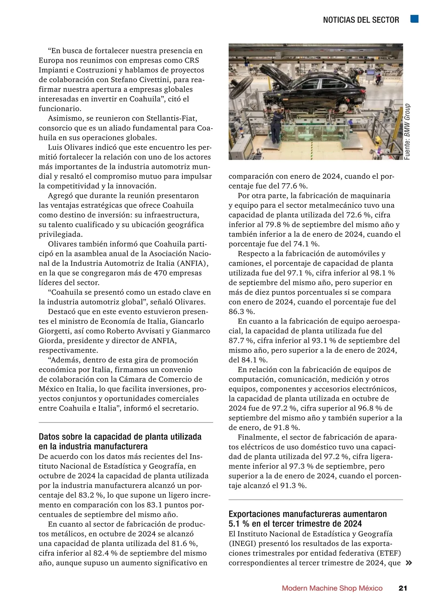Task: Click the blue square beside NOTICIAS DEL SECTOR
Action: pos(414,19)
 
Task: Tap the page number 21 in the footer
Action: pos(403,588)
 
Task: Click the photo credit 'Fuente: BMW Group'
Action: pos(407,132)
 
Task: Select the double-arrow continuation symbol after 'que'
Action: pos(409,563)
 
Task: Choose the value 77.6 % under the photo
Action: pos(294,186)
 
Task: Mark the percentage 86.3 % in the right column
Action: pos(241,312)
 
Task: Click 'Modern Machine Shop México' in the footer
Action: pos(332,588)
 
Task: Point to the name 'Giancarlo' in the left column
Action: pos(187,322)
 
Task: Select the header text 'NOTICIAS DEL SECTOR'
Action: pos(361,20)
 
